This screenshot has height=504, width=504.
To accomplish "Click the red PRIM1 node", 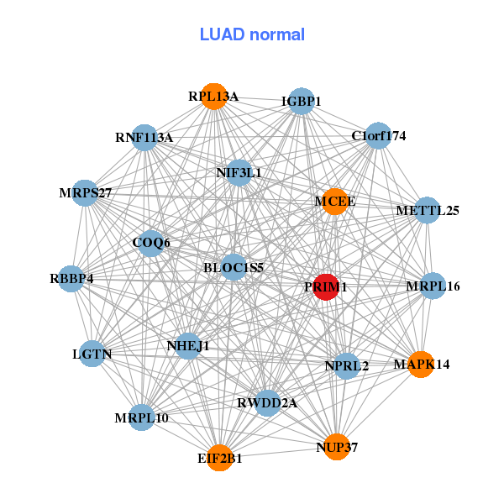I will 326,286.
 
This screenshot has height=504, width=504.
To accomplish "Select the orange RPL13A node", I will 215,97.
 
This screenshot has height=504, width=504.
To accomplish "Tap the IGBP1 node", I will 301,101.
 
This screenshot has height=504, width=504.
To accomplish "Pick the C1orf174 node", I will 379,135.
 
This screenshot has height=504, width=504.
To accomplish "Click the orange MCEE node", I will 334,202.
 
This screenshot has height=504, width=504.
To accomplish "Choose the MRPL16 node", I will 433,286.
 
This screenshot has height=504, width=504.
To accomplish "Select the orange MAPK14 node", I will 421,364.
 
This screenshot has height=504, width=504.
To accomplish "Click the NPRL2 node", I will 347,365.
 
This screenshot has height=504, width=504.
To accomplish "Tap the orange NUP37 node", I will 337,447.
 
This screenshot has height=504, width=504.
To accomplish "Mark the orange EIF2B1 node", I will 220,458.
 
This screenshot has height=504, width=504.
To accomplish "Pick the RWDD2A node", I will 268,403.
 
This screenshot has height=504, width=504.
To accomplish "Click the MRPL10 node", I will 141,417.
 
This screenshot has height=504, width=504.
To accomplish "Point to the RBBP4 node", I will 71,278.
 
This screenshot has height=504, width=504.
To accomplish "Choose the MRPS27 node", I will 85,193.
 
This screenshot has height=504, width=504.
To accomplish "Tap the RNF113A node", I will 144,137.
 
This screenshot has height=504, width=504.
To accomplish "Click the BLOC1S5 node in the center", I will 234,268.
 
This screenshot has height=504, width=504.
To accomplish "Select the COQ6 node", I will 151,243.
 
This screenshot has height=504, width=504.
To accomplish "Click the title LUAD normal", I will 252,34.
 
